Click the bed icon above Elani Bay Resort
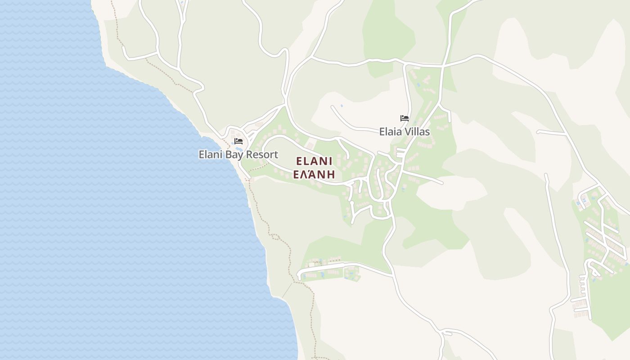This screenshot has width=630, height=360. click(238, 141)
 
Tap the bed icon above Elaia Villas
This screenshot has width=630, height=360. click(405, 118)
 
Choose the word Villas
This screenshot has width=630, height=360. click(417, 132)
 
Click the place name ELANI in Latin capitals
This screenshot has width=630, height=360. click(314, 162)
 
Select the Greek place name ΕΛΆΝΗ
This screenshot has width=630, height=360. click(314, 175)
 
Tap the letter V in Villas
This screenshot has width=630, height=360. click(407, 132)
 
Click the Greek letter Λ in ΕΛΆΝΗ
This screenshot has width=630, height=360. click(306, 175)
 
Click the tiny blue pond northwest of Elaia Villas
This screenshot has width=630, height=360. click(342, 106)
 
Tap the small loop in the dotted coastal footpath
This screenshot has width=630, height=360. click(275, 237)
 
